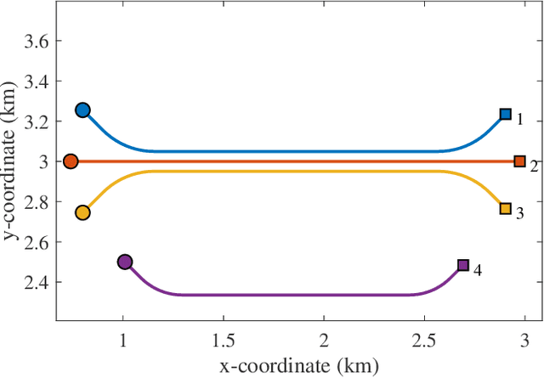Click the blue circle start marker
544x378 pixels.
click(x=82, y=110)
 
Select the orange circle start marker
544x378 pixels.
click(x=71, y=161)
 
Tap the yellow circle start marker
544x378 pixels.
click(x=82, y=212)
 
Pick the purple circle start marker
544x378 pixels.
click(x=125, y=262)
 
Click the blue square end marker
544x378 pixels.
click(x=505, y=114)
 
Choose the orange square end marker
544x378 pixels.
click(x=519, y=161)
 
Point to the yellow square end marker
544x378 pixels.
click(x=505, y=208)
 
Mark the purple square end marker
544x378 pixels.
click(x=463, y=265)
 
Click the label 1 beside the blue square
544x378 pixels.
click(x=519, y=120)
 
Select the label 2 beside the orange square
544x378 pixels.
click(x=534, y=166)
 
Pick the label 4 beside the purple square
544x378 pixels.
click(x=478, y=270)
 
